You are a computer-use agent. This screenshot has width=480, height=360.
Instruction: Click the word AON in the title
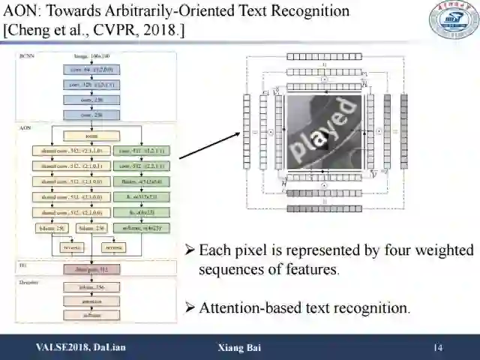(x=22, y=11)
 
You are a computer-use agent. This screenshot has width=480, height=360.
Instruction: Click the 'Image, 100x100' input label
(x=92, y=57)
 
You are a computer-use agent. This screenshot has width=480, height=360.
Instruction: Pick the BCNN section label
(x=27, y=56)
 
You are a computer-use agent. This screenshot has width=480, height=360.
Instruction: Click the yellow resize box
(x=91, y=136)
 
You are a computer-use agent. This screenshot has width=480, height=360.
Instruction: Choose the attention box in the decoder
(x=93, y=301)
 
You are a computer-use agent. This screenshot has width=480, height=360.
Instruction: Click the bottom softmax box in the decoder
(x=93, y=315)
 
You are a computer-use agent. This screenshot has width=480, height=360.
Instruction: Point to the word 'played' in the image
(x=322, y=130)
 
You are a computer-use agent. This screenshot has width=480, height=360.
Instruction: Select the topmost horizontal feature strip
(x=323, y=56)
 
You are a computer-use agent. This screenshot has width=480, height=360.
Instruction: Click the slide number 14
(x=438, y=347)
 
